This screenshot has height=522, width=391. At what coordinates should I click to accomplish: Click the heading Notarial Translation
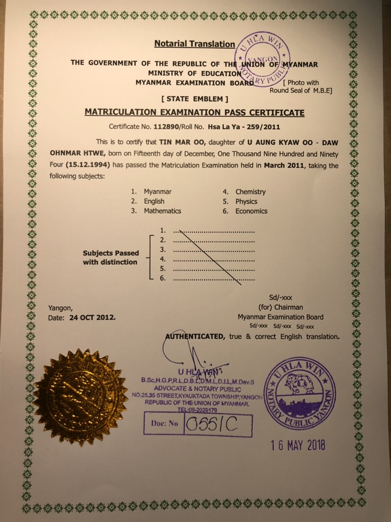click(194, 44)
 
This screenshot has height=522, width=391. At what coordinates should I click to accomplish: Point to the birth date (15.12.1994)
click(88, 166)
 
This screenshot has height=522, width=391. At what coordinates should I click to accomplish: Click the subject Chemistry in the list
click(250, 192)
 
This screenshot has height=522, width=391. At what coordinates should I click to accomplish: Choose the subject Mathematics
click(162, 211)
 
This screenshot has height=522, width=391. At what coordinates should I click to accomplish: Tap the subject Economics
click(251, 211)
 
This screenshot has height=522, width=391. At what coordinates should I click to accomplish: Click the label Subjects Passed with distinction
click(110, 257)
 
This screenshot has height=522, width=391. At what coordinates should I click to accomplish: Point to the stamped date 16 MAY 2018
click(298, 445)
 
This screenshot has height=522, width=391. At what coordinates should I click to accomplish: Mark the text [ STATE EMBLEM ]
click(195, 99)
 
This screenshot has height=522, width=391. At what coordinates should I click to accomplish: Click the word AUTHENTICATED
click(194, 336)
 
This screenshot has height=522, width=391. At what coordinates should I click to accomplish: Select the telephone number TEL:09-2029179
click(197, 410)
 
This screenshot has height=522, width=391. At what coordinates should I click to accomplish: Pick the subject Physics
click(246, 201)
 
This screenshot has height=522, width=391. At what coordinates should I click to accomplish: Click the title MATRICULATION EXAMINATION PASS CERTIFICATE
click(194, 112)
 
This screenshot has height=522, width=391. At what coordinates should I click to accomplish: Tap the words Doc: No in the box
click(164, 423)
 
